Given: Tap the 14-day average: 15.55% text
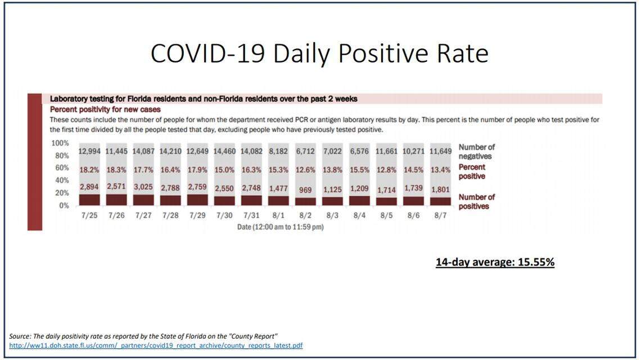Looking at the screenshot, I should pyautogui.click(x=495, y=262).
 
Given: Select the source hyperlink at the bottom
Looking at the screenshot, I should pyautogui.click(x=156, y=345).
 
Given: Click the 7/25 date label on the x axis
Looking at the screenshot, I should pyautogui.click(x=89, y=215).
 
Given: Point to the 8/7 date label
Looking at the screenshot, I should pyautogui.click(x=440, y=215).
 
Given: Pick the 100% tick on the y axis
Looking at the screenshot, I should pyautogui.click(x=60, y=143).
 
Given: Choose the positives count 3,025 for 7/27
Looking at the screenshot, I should pyautogui.click(x=143, y=188).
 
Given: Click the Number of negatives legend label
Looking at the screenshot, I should pyautogui.click(x=476, y=151).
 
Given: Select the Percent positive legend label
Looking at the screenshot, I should pyautogui.click(x=472, y=172).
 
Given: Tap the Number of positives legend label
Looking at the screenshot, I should pyautogui.click(x=477, y=201).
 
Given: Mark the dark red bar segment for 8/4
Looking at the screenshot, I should pyautogui.click(x=359, y=200).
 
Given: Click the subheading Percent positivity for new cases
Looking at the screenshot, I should pyautogui.click(x=106, y=109).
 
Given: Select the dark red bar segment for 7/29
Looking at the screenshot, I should pyautogui.click(x=197, y=200).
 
